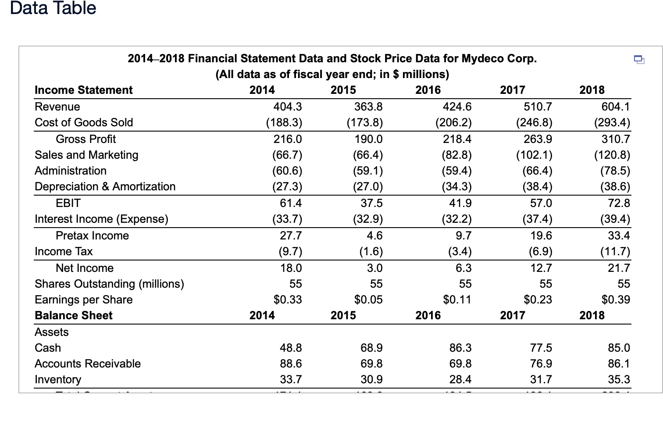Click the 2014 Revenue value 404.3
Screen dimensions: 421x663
click(x=288, y=107)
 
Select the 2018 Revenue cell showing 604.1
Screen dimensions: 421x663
click(x=616, y=107)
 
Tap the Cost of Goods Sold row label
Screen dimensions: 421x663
click(x=84, y=122)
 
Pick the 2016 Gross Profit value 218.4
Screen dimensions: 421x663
click(x=457, y=139)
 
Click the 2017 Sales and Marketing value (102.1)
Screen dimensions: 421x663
click(x=534, y=155)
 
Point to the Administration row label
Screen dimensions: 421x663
click(x=71, y=171)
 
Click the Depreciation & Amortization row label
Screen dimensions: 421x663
click(x=105, y=186)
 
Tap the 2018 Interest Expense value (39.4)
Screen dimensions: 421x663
click(x=615, y=219)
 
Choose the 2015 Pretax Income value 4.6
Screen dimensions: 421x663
click(x=374, y=235)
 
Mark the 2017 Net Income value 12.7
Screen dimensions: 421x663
click(x=541, y=268)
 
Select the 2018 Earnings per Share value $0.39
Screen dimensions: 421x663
click(x=616, y=300)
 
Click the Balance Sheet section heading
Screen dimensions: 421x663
click(x=74, y=315)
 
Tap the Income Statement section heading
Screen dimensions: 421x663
click(x=83, y=90)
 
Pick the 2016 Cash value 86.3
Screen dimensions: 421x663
click(x=460, y=348)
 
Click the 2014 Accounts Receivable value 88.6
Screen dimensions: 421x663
click(x=291, y=364)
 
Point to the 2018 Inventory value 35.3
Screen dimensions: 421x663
click(x=619, y=379)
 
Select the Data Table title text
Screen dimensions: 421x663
click(x=53, y=8)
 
